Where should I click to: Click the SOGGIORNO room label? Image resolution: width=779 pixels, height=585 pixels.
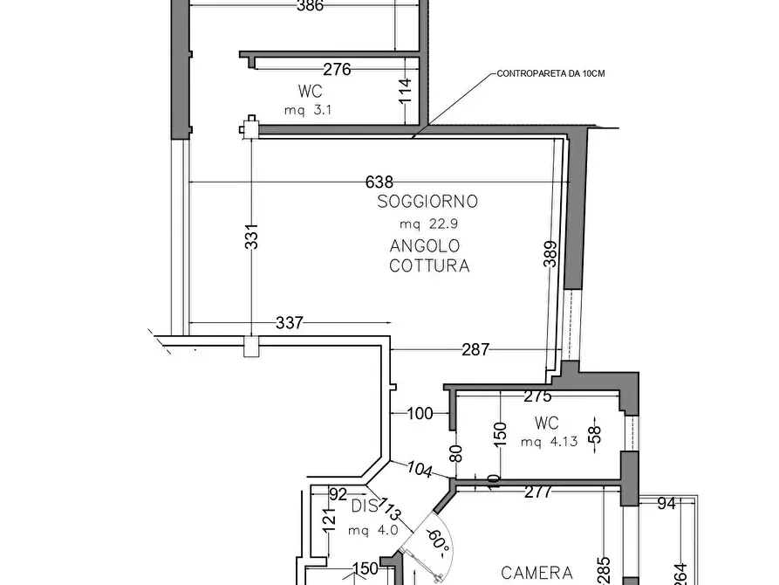(427, 202)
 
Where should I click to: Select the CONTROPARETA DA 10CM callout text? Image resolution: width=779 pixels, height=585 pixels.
(550, 74)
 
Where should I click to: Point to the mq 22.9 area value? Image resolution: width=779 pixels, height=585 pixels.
(427, 224)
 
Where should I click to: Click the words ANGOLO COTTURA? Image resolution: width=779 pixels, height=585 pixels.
(428, 256)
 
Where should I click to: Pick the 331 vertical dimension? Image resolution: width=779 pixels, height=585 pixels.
(251, 237)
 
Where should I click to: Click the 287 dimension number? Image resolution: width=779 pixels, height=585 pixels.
(475, 349)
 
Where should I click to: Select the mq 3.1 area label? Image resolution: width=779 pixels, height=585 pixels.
(309, 110)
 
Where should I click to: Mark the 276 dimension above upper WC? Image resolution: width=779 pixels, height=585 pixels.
(337, 69)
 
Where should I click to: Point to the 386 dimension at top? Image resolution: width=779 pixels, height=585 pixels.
(310, 6)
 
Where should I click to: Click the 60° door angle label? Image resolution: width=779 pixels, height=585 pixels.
(439, 543)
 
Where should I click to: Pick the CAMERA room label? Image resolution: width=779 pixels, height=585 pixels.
(536, 574)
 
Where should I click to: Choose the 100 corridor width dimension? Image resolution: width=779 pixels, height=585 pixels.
(420, 414)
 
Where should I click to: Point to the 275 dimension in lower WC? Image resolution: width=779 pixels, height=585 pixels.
(537, 396)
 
